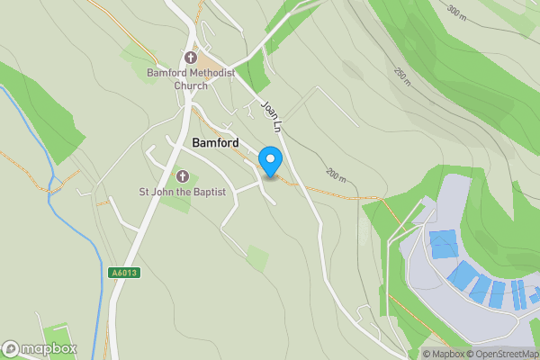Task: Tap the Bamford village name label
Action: [x=215, y=143]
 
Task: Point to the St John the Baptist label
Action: [x=181, y=192]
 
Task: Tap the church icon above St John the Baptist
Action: [x=182, y=176]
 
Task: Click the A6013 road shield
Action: [x=125, y=273]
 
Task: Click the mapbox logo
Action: [x=40, y=348]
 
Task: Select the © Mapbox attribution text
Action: [x=442, y=354]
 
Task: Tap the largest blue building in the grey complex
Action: [x=443, y=244]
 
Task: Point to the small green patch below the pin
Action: [x=257, y=259]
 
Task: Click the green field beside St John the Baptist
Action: [x=181, y=203]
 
